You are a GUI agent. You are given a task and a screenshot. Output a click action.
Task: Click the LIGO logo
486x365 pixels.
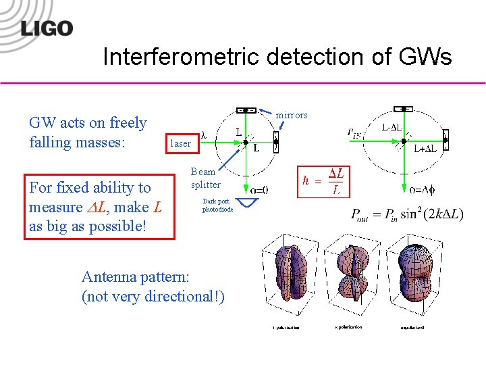point(46,28)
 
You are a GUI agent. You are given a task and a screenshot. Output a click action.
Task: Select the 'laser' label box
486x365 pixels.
point(180,143)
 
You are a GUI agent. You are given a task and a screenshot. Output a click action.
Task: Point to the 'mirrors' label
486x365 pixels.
point(292,116)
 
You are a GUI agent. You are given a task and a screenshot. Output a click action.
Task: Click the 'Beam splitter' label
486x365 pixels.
point(205,178)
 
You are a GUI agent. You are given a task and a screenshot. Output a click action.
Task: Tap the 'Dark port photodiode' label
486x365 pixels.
point(217,205)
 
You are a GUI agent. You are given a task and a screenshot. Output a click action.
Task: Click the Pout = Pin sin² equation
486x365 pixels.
point(407,215)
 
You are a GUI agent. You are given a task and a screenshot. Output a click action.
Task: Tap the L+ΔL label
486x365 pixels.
point(425,149)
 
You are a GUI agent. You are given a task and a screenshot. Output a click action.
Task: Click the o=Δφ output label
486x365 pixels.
point(421,190)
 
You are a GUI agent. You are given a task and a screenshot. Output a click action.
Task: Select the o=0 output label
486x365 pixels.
point(259,190)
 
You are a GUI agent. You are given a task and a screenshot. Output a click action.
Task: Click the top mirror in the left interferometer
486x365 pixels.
point(247,109)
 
